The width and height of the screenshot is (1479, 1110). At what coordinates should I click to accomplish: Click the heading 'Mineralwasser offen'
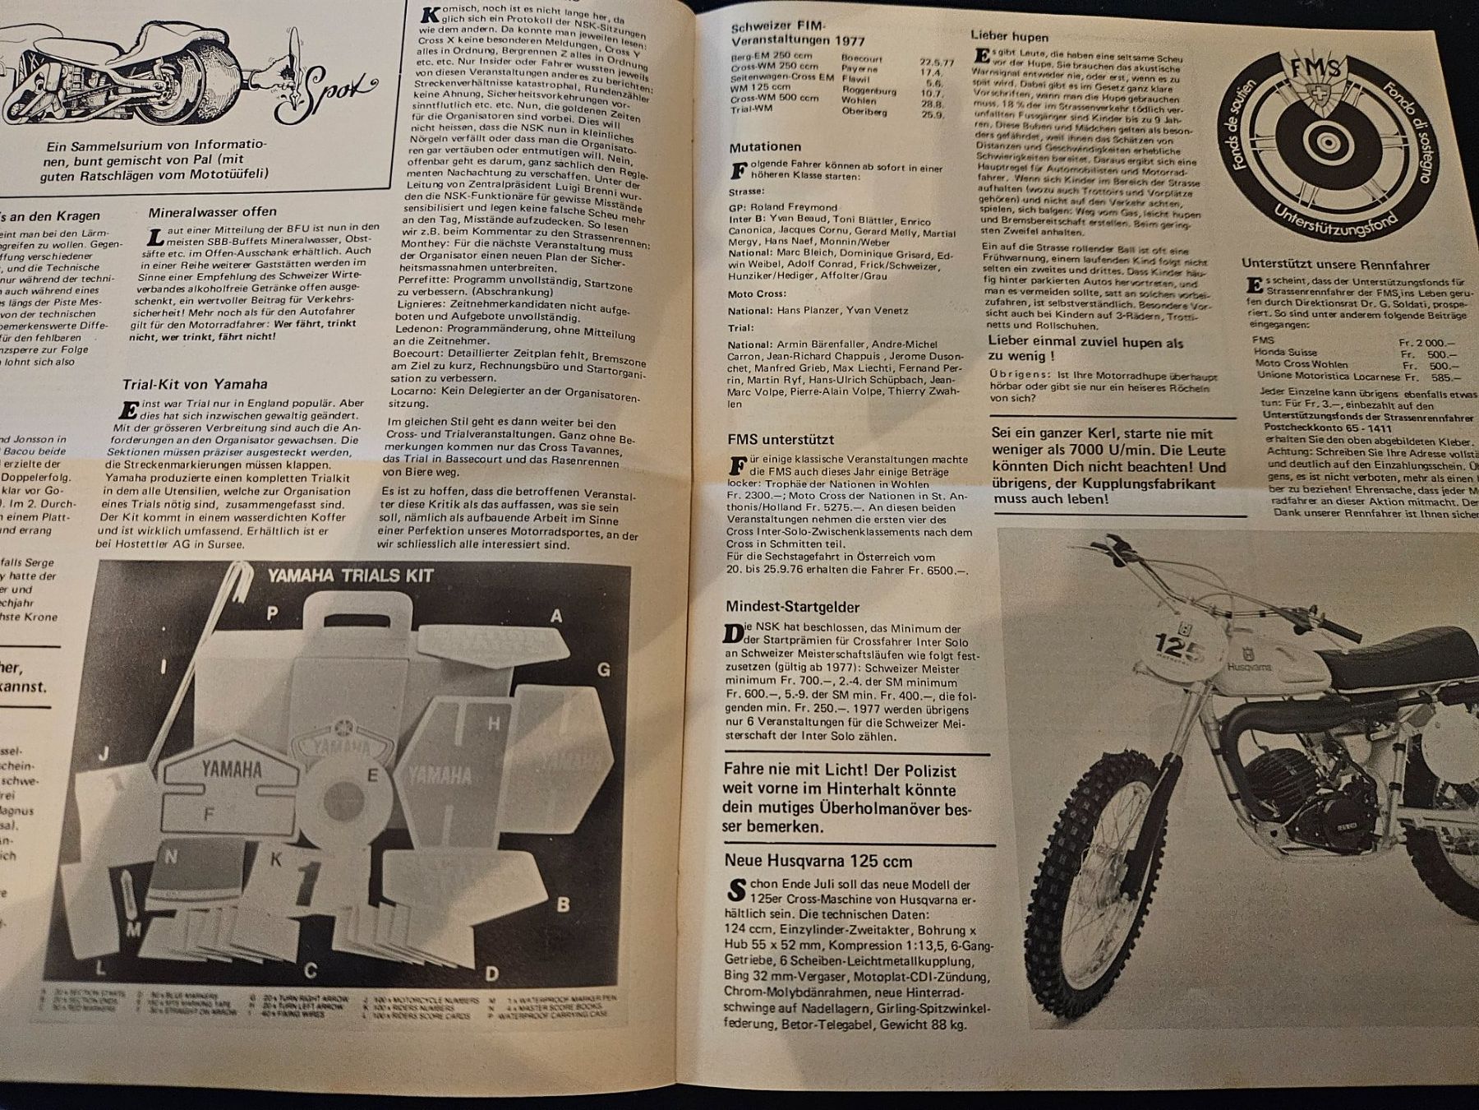212,212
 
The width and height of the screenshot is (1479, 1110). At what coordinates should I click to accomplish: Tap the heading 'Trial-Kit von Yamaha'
195,384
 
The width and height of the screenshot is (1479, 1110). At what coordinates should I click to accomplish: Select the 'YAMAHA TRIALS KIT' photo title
349,576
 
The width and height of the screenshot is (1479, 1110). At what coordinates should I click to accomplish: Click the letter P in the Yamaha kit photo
272,613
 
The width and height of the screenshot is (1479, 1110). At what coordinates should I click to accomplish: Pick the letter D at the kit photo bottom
491,974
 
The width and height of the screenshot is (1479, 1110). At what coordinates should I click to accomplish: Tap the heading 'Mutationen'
764,147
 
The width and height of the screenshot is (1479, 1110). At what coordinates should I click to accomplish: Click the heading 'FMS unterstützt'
780,440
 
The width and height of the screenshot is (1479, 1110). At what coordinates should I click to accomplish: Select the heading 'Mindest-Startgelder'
792,607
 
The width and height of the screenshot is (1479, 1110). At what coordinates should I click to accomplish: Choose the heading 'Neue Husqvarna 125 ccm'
818,861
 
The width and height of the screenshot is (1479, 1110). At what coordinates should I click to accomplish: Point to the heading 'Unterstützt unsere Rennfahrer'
1336,266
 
